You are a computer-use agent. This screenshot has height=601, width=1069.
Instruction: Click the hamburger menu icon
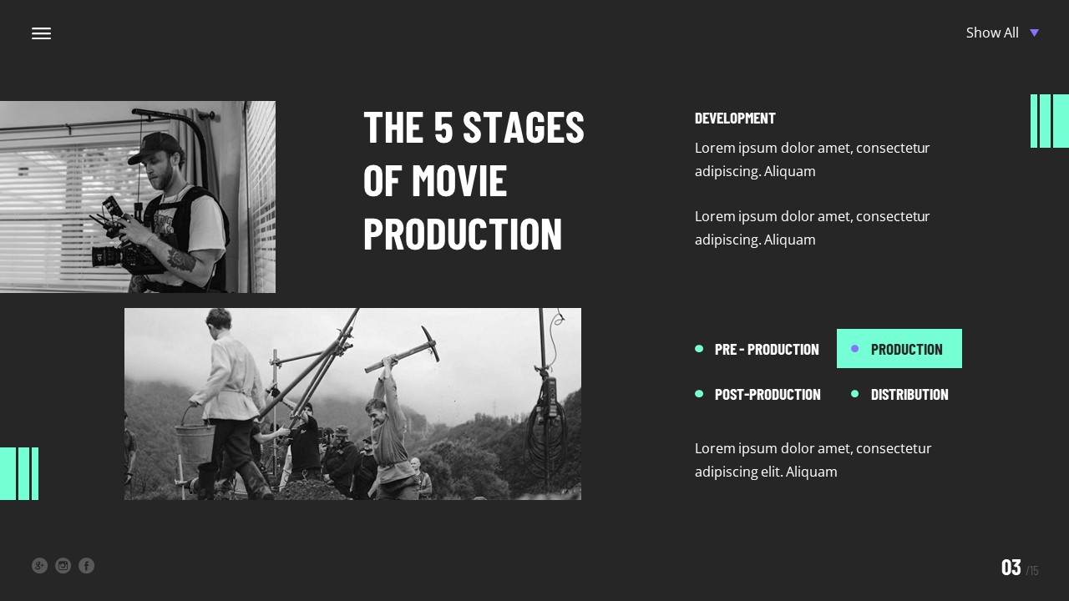(41, 33)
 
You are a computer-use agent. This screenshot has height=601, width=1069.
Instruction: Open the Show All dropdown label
(992, 33)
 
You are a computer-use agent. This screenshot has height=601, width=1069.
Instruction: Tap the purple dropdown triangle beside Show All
(1034, 33)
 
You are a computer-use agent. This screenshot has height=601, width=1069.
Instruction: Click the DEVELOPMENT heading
(735, 118)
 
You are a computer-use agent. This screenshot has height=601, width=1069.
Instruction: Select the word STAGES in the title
(523, 127)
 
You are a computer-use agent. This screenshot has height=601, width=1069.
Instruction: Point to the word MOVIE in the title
(459, 180)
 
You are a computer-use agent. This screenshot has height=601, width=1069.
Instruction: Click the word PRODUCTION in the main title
(463, 234)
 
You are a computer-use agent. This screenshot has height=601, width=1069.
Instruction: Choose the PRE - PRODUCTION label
(767, 349)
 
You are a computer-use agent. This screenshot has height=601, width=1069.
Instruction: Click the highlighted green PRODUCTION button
(899, 349)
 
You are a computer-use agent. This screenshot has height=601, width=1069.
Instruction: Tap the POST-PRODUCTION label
(768, 394)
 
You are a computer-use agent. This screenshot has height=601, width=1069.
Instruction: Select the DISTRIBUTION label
(909, 394)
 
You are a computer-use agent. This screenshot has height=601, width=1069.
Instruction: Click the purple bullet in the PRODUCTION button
(854, 349)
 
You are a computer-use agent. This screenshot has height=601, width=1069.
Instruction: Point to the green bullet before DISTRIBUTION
(854, 394)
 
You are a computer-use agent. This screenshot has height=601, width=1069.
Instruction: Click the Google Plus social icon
(39, 566)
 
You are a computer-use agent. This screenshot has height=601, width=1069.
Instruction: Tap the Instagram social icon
(63, 566)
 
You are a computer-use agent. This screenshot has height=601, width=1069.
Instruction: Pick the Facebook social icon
(86, 566)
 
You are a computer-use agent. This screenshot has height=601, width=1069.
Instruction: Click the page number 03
(1011, 568)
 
